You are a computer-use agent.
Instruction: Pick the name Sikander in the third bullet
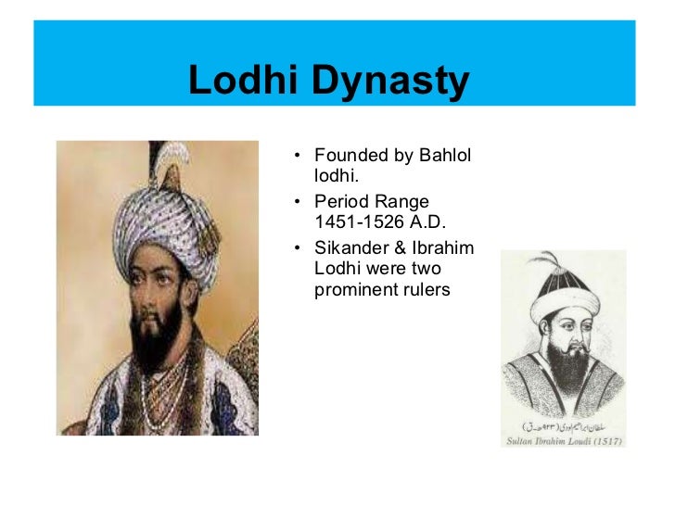click(349, 247)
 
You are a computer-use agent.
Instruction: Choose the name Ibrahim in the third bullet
click(444, 247)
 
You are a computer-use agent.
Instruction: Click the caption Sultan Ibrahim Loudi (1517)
click(563, 442)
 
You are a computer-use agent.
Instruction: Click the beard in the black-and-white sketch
click(562, 361)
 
